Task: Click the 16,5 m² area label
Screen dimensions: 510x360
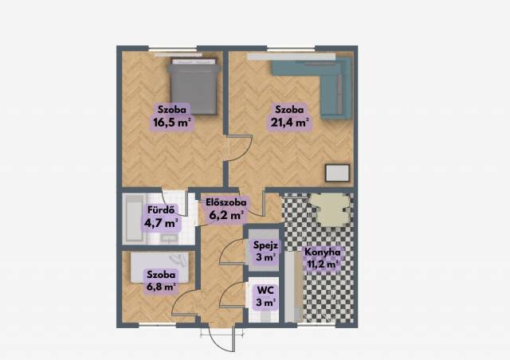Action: coord(171,122)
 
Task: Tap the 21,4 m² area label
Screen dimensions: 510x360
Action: coord(289,122)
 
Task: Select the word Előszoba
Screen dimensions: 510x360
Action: coord(226,202)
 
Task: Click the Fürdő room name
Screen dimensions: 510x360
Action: coord(161,210)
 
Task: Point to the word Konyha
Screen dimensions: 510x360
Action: coord(322,252)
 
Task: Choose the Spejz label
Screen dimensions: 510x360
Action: coord(265,245)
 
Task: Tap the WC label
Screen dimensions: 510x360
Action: coord(265,289)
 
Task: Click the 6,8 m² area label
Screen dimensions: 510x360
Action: coord(161,287)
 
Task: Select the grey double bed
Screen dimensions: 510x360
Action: coord(193,87)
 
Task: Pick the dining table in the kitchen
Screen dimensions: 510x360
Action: coord(330,209)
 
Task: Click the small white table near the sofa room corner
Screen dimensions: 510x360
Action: coord(338,173)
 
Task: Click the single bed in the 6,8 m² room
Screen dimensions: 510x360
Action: coord(159,268)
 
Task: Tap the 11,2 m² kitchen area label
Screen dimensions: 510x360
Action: coord(321,264)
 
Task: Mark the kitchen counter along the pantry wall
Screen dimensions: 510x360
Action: coord(294,286)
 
